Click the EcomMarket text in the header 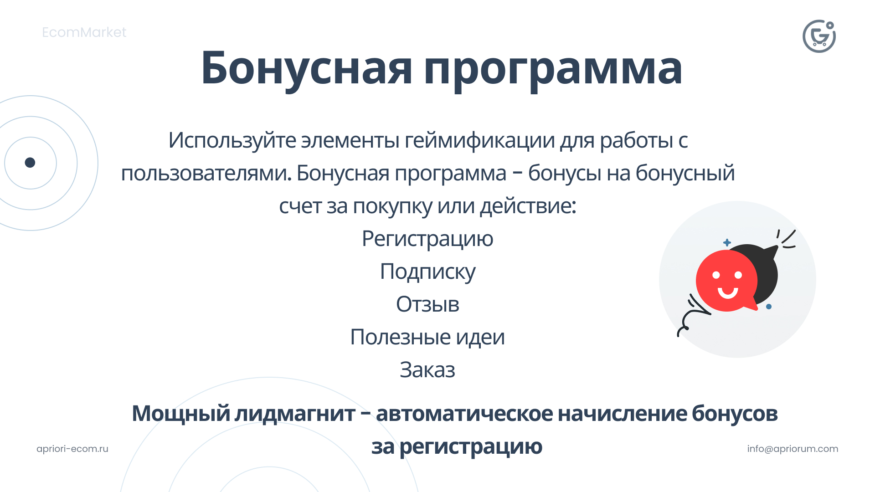[x=84, y=32]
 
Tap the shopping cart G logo [x=819, y=36]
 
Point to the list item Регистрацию [x=427, y=239]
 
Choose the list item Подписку [x=427, y=272]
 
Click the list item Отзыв [x=427, y=304]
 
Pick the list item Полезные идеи [x=427, y=337]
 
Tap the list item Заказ [x=427, y=370]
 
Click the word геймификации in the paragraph [x=480, y=140]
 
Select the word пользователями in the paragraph [x=206, y=173]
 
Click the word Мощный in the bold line [x=181, y=414]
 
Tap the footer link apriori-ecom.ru [x=72, y=449]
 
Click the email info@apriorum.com [x=793, y=449]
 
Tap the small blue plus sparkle [x=727, y=242]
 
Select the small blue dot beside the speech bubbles [x=769, y=307]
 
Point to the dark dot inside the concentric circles [x=30, y=163]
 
